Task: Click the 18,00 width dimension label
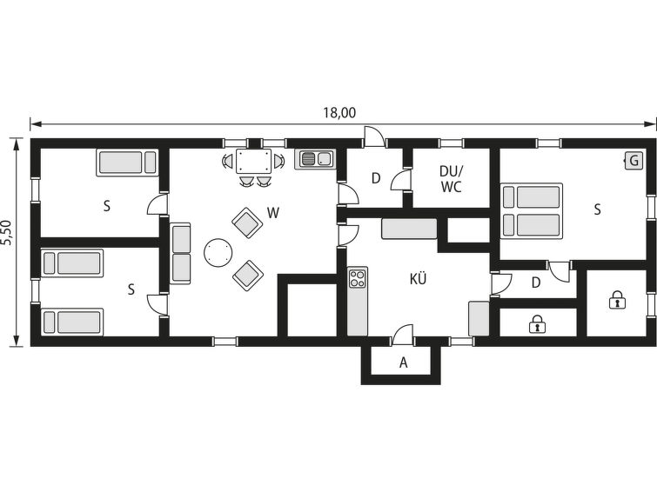click(x=339, y=113)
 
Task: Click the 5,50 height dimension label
click(x=8, y=234)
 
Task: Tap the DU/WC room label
click(x=451, y=179)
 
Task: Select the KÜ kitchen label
click(x=419, y=278)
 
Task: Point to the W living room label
click(x=273, y=213)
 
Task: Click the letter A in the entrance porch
click(x=404, y=362)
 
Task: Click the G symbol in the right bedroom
click(x=634, y=161)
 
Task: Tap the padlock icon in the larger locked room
click(x=617, y=300)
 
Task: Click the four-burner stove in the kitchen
click(x=358, y=278)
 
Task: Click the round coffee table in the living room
click(x=218, y=252)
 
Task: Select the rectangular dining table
click(x=253, y=161)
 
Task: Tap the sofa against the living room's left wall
click(x=181, y=253)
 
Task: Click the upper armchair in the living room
click(x=247, y=223)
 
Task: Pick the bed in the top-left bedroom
click(x=127, y=163)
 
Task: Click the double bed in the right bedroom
click(x=532, y=210)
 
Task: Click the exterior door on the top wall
click(x=374, y=136)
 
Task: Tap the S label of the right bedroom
click(x=598, y=209)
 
